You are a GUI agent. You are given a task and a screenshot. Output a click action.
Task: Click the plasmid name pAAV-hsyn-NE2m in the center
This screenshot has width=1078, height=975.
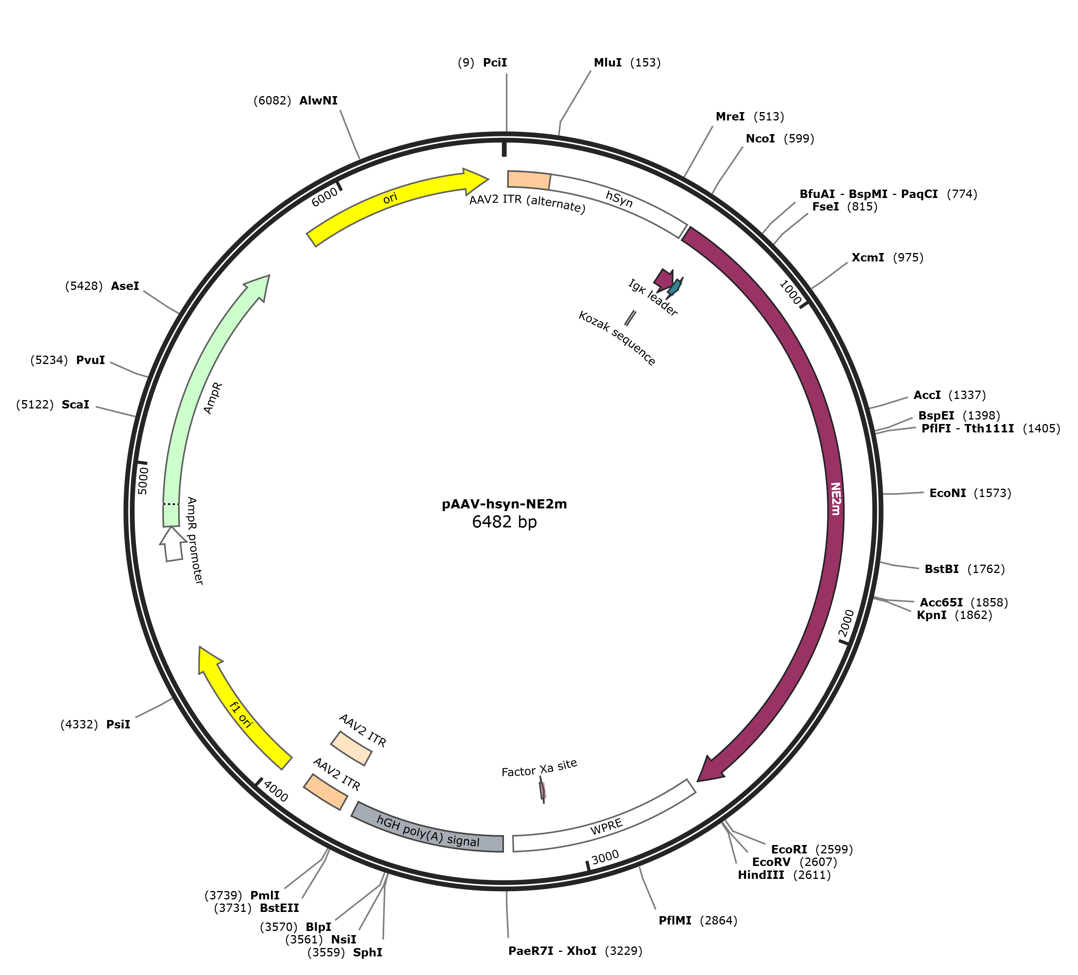click(x=504, y=504)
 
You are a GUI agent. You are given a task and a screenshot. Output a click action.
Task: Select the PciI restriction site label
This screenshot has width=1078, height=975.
click(x=495, y=63)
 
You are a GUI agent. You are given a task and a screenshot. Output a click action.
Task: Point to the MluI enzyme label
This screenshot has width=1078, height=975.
click(x=608, y=63)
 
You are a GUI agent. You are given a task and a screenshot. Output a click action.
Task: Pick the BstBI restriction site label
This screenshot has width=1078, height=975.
click(x=942, y=568)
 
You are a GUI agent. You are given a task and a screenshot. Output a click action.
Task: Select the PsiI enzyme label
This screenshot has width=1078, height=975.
click(x=118, y=724)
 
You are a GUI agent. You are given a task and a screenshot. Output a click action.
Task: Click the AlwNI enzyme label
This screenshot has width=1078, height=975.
click(x=319, y=101)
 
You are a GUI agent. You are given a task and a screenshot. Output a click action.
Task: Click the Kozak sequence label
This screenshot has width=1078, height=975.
click(x=617, y=339)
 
